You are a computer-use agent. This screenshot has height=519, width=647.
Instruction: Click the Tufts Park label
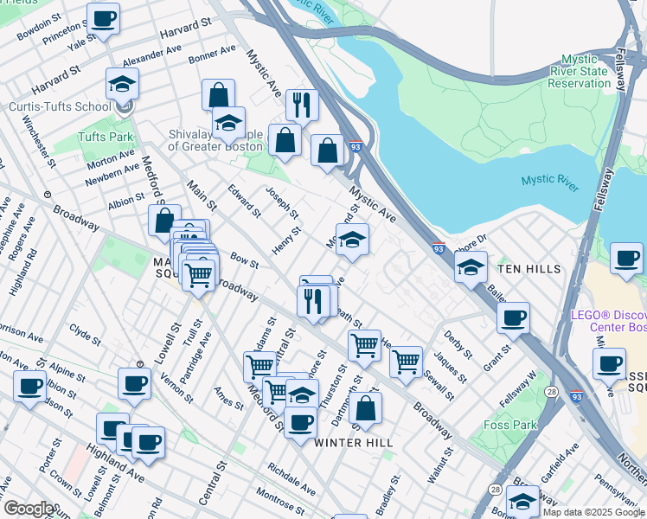click(x=106, y=137)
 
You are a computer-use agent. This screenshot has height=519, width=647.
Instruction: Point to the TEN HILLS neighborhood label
click(x=530, y=269)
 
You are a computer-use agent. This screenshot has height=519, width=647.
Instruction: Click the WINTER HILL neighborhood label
click(x=353, y=443)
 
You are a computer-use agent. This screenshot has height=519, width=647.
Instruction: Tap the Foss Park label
click(x=511, y=425)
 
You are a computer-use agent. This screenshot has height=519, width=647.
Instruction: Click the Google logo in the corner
click(x=28, y=509)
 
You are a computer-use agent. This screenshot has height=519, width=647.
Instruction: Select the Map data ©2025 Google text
click(x=593, y=512)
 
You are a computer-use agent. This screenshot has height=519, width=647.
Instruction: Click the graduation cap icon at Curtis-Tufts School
click(x=122, y=85)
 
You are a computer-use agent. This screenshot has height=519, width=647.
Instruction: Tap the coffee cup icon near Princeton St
click(x=104, y=18)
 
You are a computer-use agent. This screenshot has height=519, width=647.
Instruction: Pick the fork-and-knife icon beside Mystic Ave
click(x=302, y=105)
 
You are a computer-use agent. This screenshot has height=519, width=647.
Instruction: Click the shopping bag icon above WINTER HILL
click(x=366, y=407)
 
